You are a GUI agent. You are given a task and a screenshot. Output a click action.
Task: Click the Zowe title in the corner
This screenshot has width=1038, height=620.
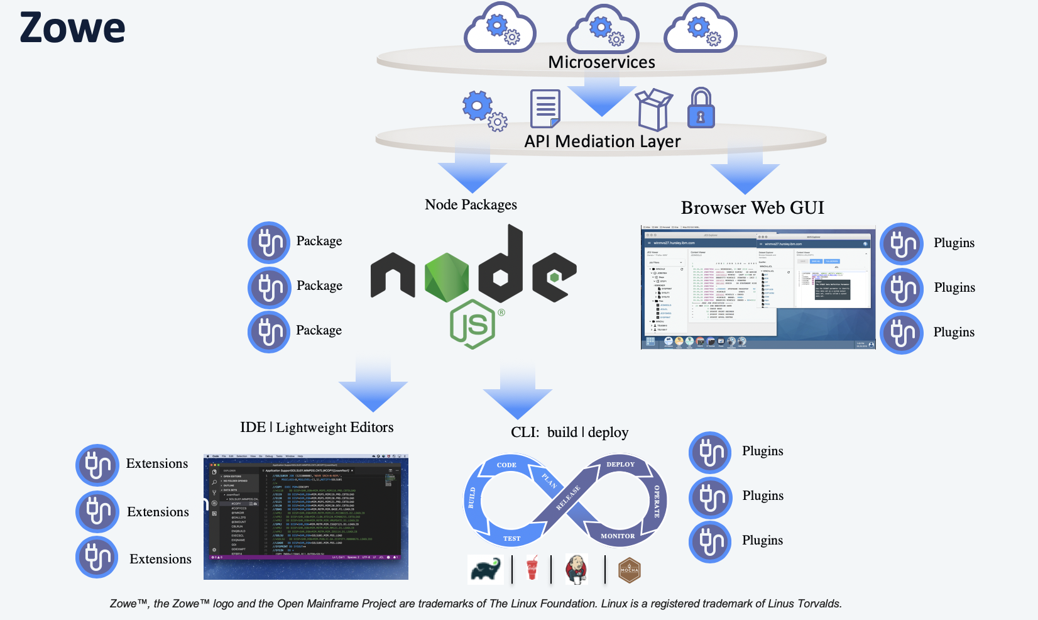coord(72,28)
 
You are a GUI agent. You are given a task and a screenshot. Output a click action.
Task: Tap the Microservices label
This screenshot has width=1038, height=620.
coord(601,62)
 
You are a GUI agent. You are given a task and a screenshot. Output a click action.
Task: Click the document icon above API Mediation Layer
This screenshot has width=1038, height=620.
coord(545,108)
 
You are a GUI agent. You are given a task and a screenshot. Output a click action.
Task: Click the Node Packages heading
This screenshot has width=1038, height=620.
coord(471,204)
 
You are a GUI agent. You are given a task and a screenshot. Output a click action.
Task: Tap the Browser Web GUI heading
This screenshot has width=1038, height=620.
coord(752,208)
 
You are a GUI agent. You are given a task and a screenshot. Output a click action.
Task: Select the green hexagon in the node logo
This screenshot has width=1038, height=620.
coord(447,276)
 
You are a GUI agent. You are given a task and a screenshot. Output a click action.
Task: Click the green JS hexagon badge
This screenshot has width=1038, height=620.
coord(473,324)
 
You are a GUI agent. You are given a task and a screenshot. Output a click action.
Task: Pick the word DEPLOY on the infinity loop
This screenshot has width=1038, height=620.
coord(620,465)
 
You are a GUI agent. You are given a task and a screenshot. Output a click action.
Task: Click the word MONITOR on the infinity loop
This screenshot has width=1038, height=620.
coord(618,536)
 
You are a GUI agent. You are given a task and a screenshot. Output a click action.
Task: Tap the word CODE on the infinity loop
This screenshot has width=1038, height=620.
coord(506,465)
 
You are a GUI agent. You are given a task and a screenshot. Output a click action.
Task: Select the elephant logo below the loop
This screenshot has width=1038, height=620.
coord(486,570)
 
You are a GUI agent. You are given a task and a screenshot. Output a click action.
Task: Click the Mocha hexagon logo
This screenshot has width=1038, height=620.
coord(629,570)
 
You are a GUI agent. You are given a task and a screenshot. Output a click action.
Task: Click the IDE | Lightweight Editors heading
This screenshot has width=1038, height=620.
coord(317,428)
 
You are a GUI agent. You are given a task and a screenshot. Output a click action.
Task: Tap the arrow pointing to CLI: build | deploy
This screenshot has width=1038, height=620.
coord(518,393)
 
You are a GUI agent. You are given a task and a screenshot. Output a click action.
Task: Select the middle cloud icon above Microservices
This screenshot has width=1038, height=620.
coord(603,30)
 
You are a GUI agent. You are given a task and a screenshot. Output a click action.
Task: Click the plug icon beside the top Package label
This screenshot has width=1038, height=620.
coord(269,242)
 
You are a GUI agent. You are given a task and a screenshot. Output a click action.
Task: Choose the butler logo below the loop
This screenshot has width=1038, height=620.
coord(576,569)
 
